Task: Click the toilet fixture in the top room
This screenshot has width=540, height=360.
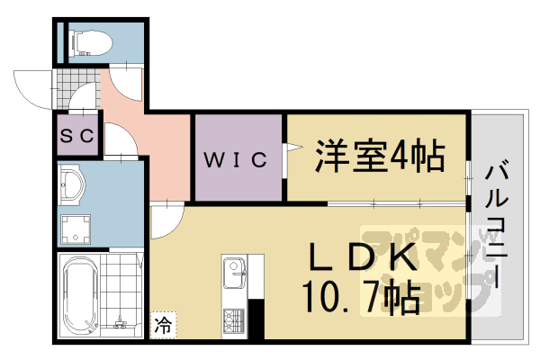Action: point(91,42)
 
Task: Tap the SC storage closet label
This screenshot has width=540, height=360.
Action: point(77,135)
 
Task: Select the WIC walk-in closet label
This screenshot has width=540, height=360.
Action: point(236,159)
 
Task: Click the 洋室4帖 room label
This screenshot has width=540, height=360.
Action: point(380,156)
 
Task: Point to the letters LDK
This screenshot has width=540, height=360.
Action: point(363,256)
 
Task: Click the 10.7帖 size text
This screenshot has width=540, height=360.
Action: point(362,298)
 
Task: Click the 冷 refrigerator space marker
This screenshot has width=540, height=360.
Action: point(163,325)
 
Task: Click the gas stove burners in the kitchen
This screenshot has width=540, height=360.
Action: point(233,320)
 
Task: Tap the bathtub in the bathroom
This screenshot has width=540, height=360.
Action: point(81,296)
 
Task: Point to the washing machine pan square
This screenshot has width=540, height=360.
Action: point(76,229)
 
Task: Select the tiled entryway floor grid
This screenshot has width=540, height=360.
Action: point(78,89)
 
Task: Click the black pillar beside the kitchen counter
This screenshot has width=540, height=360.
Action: point(256,319)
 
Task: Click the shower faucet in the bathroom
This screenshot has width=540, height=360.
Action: point(120,322)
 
